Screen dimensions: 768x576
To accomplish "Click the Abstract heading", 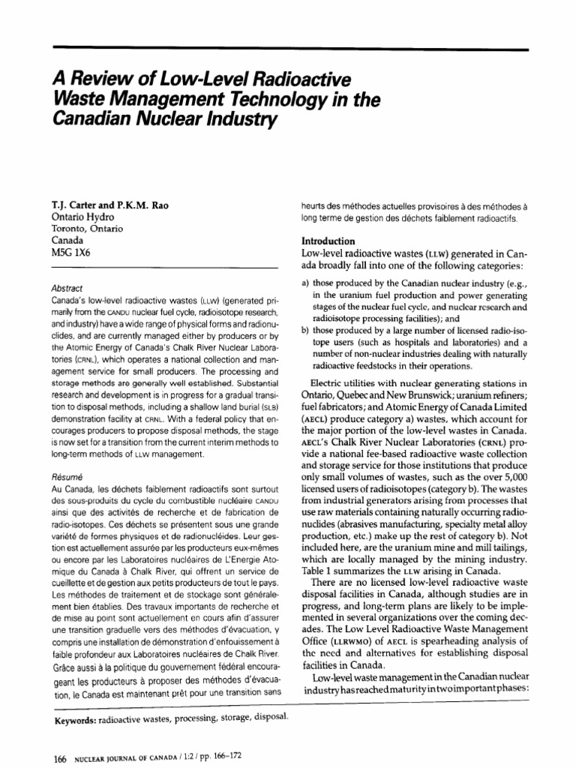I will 67,286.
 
